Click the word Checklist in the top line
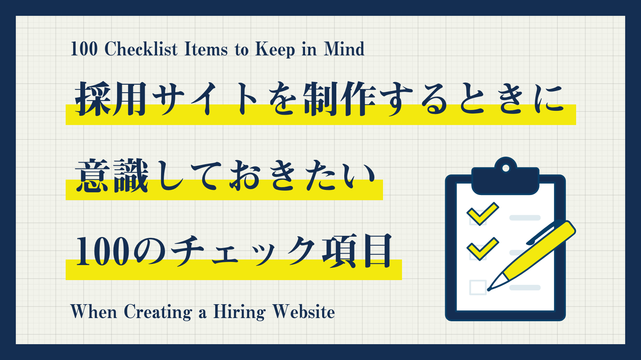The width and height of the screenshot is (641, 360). tap(141, 49)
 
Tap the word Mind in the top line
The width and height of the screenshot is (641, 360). tap(344, 49)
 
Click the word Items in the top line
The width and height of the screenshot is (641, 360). tap(206, 49)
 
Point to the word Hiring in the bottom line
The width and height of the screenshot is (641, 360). tap(239, 313)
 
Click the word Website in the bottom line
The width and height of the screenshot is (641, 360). tap(303, 312)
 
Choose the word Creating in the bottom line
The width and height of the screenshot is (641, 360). tap(158, 313)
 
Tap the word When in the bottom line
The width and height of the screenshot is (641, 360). tap(93, 312)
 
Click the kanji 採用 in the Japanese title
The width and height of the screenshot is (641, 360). tap(112, 99)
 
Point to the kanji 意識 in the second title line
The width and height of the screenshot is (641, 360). tap(112, 176)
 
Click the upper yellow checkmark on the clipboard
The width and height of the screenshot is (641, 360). tap(482, 213)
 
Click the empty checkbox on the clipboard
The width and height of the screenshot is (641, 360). tap(478, 287)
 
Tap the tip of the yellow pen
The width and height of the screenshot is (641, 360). tap(490, 289)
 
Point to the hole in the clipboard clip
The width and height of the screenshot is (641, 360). tap(505, 168)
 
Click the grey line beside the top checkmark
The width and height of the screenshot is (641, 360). tap(525, 218)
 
